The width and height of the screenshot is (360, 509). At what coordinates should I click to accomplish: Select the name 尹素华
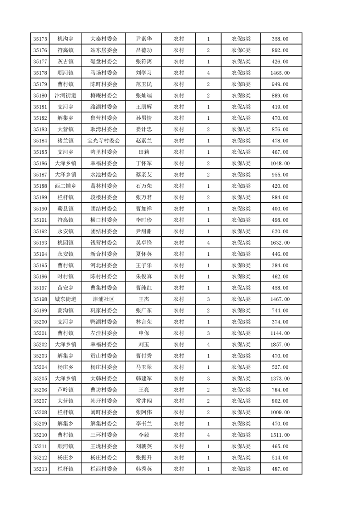144,39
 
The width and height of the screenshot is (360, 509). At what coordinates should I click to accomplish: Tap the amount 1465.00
280,73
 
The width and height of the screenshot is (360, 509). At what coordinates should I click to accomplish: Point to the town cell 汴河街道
65,96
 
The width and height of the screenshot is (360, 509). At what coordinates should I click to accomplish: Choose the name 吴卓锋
144,243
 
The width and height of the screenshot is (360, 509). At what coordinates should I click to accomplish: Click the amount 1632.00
280,243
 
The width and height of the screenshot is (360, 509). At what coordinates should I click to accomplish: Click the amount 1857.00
280,344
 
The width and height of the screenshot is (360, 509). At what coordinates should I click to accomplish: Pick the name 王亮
144,390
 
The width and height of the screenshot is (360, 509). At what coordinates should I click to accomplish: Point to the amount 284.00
280,265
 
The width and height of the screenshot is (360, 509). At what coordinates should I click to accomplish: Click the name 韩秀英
144,469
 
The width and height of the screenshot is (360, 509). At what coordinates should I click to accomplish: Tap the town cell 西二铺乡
65,186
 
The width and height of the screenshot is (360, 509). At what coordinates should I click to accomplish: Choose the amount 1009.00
280,412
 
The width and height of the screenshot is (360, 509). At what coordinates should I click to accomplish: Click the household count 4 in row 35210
208,435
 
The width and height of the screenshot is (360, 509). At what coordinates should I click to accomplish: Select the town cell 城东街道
65,299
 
